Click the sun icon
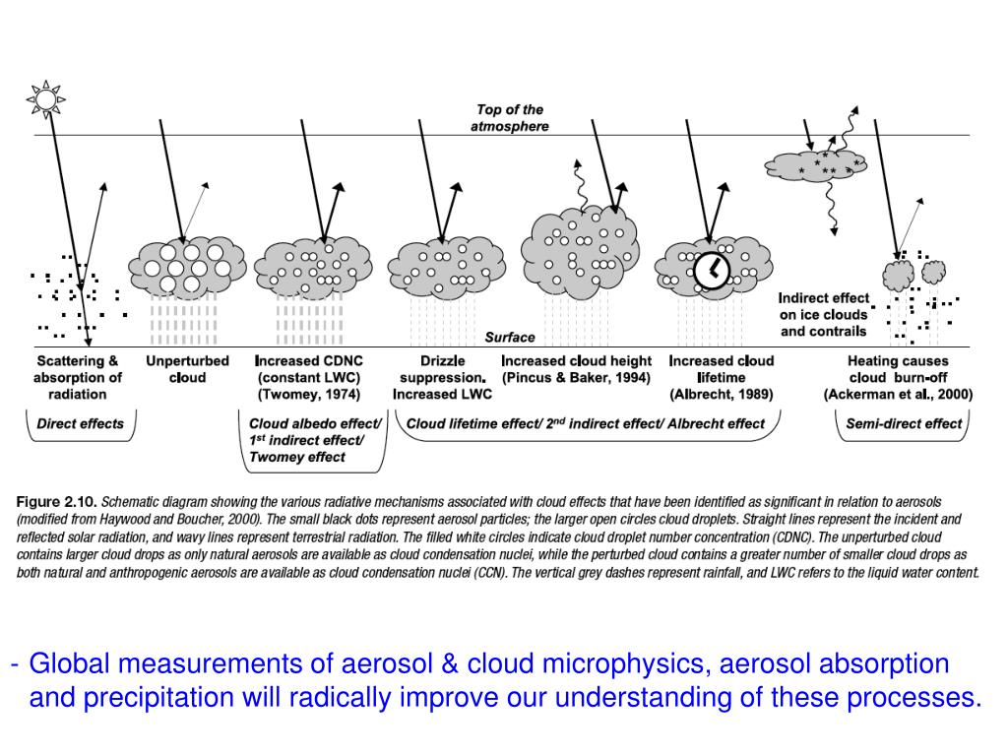click(x=45, y=98)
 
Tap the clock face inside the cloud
click(x=711, y=270)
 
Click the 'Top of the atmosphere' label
click(x=510, y=118)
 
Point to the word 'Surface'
click(x=510, y=337)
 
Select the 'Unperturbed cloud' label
click(x=187, y=369)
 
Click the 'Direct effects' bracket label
click(x=81, y=424)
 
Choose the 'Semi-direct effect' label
click(x=905, y=424)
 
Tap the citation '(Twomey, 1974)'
click(x=308, y=395)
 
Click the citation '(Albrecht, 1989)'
click(x=722, y=395)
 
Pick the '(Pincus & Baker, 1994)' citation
click(x=576, y=378)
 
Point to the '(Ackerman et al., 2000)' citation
click(x=898, y=395)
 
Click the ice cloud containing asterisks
click(x=816, y=166)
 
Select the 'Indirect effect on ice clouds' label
click(x=824, y=314)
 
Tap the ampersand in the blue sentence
click(x=451, y=663)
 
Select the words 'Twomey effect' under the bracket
click(x=297, y=457)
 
